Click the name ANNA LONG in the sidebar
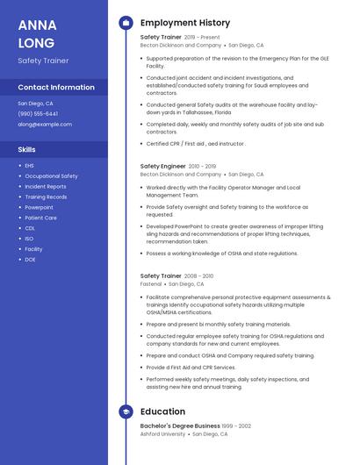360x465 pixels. tap(37, 33)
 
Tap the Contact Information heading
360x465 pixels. tap(56, 88)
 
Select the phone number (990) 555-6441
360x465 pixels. tap(38, 113)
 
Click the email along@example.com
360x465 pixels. tap(45, 124)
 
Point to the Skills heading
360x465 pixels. tap(27, 149)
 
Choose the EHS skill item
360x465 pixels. tap(29, 166)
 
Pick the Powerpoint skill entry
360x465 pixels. tap(39, 207)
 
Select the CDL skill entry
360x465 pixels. tap(30, 228)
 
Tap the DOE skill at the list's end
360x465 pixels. tap(30, 260)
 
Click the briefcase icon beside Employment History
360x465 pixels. tap(126, 23)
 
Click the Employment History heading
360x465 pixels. tap(185, 23)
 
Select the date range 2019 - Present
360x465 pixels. tap(203, 38)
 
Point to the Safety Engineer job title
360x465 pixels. tap(163, 166)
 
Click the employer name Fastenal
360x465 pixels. tap(151, 284)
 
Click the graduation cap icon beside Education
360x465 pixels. tap(126, 411)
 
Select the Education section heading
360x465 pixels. tap(162, 411)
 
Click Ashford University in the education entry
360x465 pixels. tap(163, 433)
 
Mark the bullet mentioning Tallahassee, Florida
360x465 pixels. tap(232, 108)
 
